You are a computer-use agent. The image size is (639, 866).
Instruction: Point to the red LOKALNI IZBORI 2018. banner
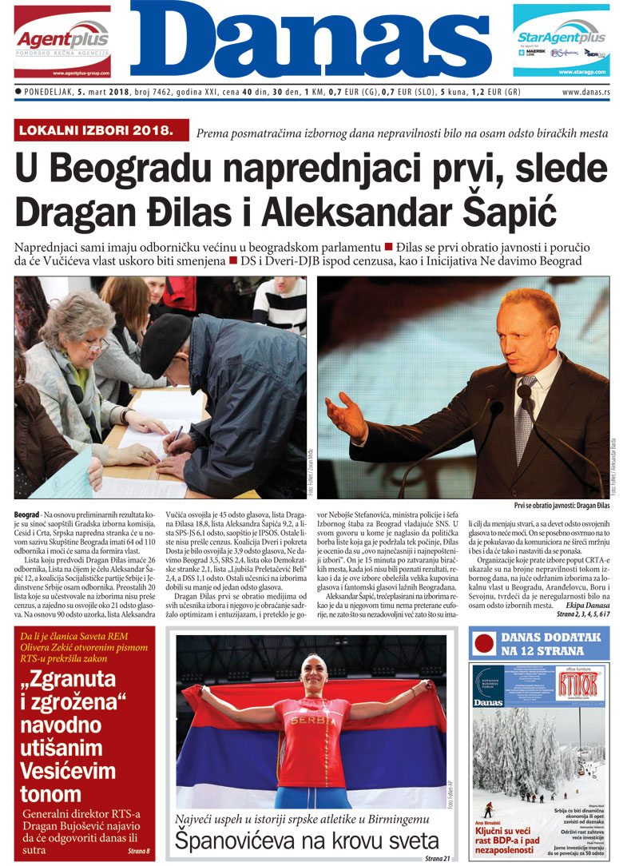[x=101, y=129]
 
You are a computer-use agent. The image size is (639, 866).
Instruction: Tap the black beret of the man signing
[x=165, y=341]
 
